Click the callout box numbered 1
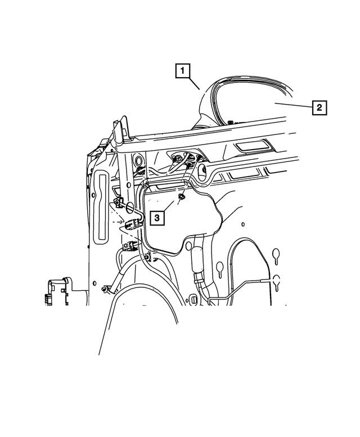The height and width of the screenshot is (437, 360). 182,71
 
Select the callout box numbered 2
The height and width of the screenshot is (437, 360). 318,107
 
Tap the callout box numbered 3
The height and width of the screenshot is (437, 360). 157,217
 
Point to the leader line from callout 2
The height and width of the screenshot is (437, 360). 292,105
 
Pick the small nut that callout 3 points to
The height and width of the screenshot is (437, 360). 183,197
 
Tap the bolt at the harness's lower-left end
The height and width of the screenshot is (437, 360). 105,289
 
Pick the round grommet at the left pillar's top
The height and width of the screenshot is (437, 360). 137,164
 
